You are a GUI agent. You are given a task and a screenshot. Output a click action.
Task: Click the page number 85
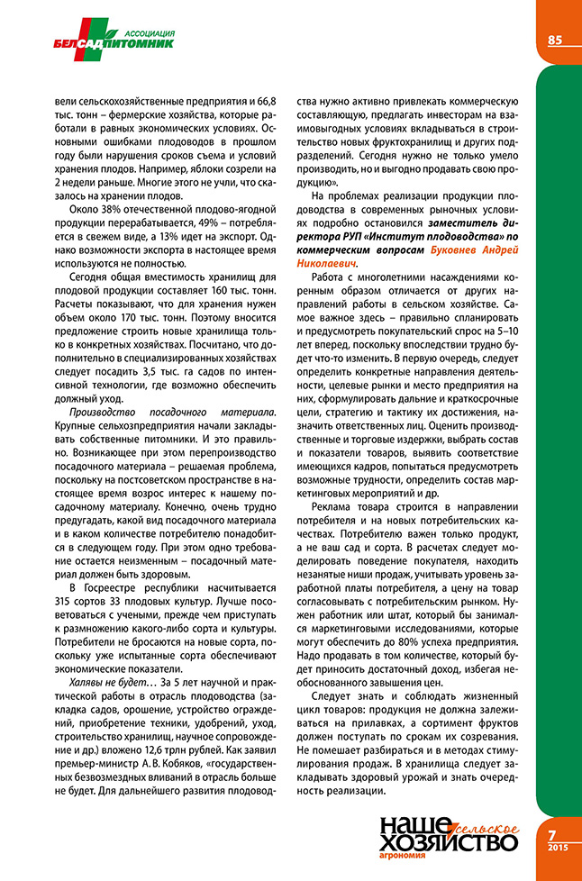click(x=554, y=39)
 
